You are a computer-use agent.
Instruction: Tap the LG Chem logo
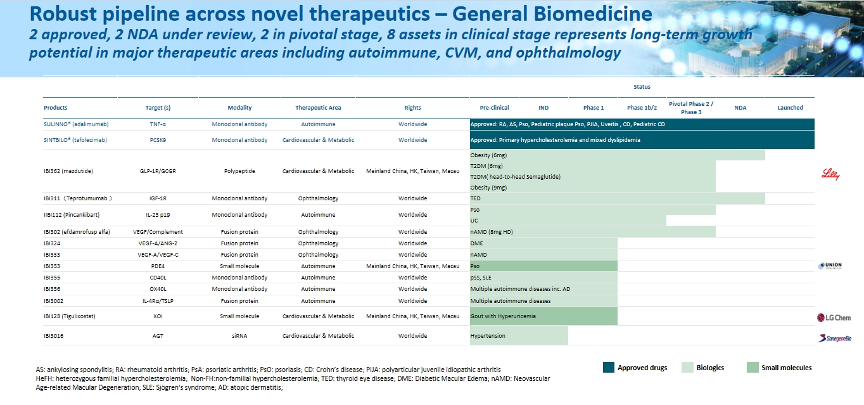(x=834, y=317)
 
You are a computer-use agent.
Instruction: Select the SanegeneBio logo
(x=834, y=338)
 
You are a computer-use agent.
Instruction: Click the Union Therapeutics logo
(x=831, y=266)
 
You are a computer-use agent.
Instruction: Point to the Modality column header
(x=239, y=108)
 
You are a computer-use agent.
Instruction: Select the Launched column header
(x=790, y=108)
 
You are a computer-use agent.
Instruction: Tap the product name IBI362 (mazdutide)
(x=70, y=171)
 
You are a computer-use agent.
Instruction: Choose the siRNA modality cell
(x=239, y=336)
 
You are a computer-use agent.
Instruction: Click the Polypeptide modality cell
(x=239, y=171)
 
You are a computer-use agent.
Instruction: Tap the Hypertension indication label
(x=488, y=336)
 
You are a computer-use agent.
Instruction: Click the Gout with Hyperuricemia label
(x=502, y=316)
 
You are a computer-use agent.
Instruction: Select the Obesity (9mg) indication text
(x=488, y=188)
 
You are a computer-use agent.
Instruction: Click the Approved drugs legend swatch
(x=608, y=368)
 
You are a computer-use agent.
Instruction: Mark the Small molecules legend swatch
(x=753, y=368)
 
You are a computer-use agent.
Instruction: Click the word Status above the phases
(x=642, y=87)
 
